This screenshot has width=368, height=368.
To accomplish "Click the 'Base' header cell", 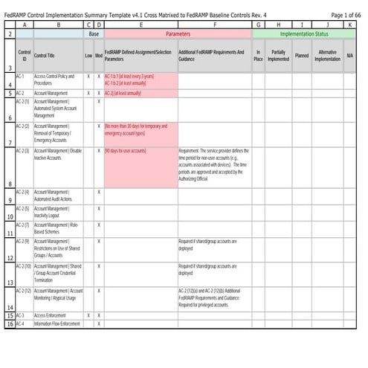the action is (94, 34).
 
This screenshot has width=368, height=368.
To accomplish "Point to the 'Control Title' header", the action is (45, 55).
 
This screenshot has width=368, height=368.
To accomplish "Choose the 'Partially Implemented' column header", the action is (279, 55).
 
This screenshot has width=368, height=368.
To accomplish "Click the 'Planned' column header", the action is (301, 55).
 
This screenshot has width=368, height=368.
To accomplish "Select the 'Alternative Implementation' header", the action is (327, 55).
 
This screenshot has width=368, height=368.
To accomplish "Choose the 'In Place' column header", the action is (258, 55).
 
